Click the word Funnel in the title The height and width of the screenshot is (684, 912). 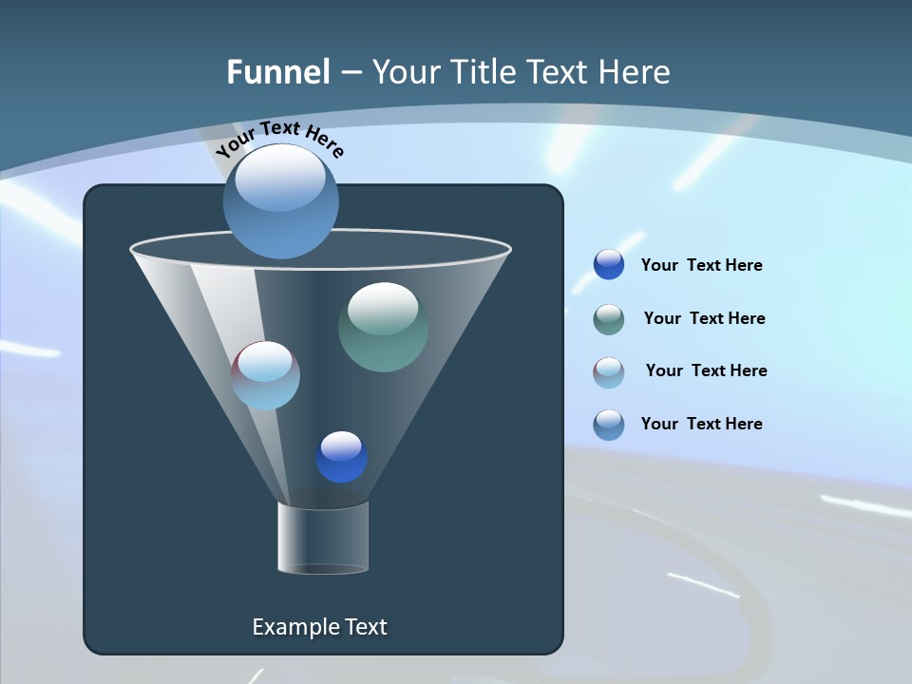277,72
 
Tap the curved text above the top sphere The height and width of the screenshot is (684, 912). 279,139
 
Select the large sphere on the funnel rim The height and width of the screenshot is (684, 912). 280,201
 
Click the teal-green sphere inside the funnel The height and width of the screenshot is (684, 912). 383,327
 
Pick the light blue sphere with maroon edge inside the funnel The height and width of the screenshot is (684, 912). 265,375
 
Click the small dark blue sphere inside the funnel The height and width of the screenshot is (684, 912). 341,457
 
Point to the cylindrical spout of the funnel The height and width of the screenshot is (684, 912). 322,538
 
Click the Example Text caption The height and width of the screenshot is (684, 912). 319,627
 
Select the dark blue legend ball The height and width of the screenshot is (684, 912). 609,264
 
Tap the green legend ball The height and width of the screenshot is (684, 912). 609,319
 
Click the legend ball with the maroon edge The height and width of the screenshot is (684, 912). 609,371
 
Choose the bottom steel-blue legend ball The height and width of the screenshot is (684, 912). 609,424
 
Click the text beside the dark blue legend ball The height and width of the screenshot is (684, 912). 701,265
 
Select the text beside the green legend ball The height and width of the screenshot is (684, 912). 704,318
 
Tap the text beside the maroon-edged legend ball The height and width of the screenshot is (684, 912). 706,370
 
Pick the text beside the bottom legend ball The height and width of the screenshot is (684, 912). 701,424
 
